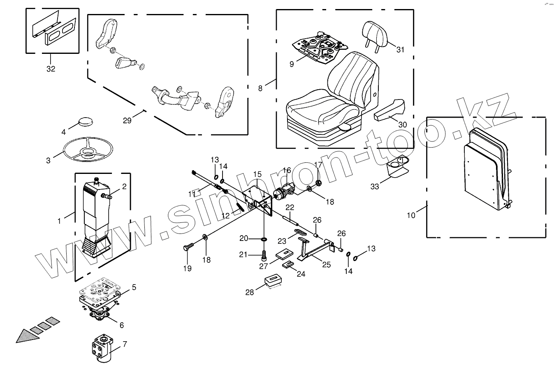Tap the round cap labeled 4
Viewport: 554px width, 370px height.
[x=86, y=122]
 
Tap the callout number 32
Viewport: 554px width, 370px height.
[x=51, y=69]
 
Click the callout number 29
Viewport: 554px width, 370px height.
[x=127, y=120]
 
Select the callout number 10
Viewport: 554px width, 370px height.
[x=411, y=215]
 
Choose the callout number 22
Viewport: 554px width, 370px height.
[x=290, y=207]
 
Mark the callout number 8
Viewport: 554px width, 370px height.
[x=260, y=88]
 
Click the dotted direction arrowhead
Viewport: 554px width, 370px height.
[x=26, y=335]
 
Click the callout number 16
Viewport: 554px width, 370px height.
[x=287, y=170]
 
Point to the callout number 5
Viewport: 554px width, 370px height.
[x=134, y=287]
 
